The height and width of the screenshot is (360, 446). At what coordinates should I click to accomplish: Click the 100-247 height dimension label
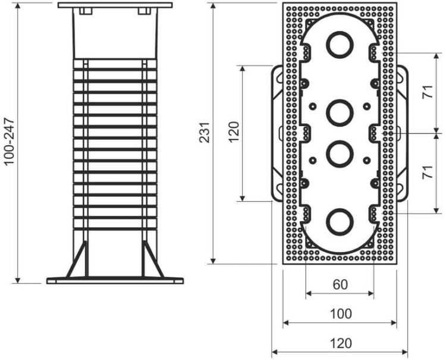pyautogui.click(x=9, y=141)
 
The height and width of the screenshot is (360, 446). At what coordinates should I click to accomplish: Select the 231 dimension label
pyautogui.click(x=205, y=132)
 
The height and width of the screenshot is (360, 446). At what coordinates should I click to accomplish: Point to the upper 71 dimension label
pyautogui.click(x=428, y=92)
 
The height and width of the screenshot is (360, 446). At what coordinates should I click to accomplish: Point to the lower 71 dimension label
pyautogui.click(x=428, y=172)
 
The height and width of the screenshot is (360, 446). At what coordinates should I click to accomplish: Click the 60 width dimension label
pyautogui.click(x=340, y=284)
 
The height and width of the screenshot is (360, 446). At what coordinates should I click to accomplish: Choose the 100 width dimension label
pyautogui.click(x=341, y=314)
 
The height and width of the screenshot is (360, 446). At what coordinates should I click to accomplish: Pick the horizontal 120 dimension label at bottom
pyautogui.click(x=341, y=343)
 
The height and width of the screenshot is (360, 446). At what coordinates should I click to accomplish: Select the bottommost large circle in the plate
pyautogui.click(x=340, y=223)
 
